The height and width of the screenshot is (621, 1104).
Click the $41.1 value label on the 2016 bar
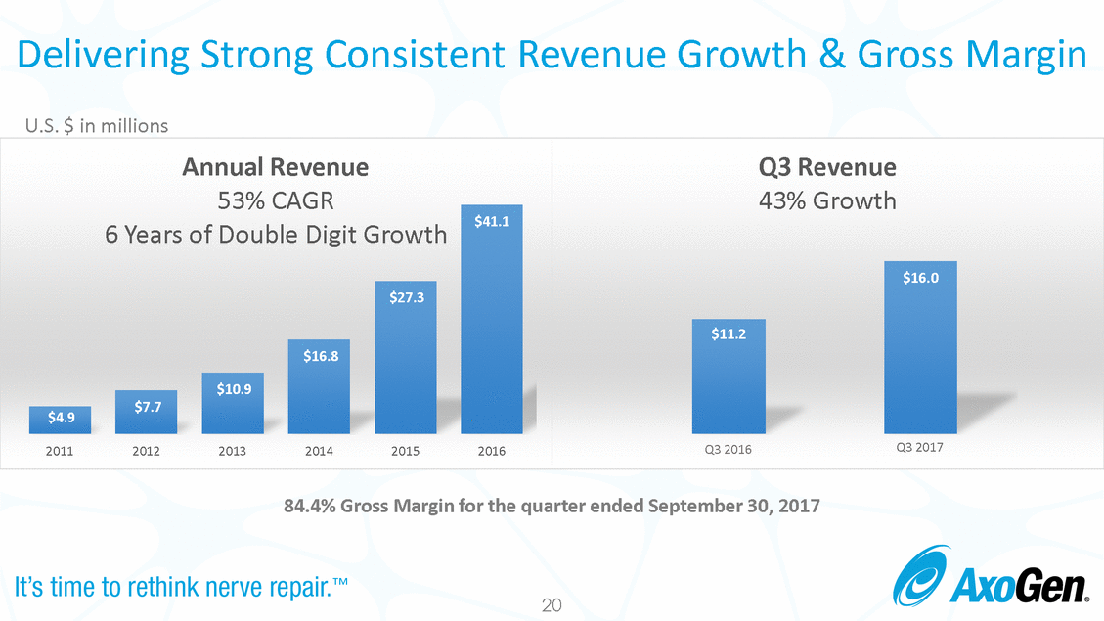(x=492, y=222)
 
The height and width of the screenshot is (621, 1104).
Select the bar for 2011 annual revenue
(x=60, y=420)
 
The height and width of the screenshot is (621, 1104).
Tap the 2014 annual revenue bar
(x=319, y=386)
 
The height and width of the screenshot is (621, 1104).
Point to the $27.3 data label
(x=407, y=298)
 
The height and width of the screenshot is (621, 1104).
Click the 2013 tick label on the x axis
(x=233, y=451)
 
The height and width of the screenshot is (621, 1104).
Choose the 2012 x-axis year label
(x=146, y=451)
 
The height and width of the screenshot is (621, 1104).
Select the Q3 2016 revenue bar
(x=729, y=377)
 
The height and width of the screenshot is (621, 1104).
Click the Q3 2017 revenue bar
(x=920, y=348)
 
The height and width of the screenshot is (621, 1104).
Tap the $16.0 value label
(x=921, y=278)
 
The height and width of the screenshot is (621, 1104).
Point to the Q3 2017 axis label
(x=919, y=447)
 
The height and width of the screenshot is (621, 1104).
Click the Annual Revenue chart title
(x=276, y=167)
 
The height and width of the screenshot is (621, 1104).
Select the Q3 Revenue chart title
(x=827, y=167)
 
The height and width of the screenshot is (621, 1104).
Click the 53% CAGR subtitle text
(x=276, y=201)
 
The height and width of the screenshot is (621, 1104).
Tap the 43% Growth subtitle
(x=827, y=201)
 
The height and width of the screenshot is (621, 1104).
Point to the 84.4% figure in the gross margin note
(x=310, y=506)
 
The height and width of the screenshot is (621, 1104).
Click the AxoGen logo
(x=991, y=576)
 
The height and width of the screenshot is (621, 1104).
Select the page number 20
(x=552, y=604)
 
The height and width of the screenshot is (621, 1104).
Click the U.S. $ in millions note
(x=97, y=126)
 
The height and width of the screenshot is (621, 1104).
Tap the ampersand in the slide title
(x=832, y=54)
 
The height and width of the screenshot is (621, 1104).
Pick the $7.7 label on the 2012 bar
(x=148, y=407)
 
